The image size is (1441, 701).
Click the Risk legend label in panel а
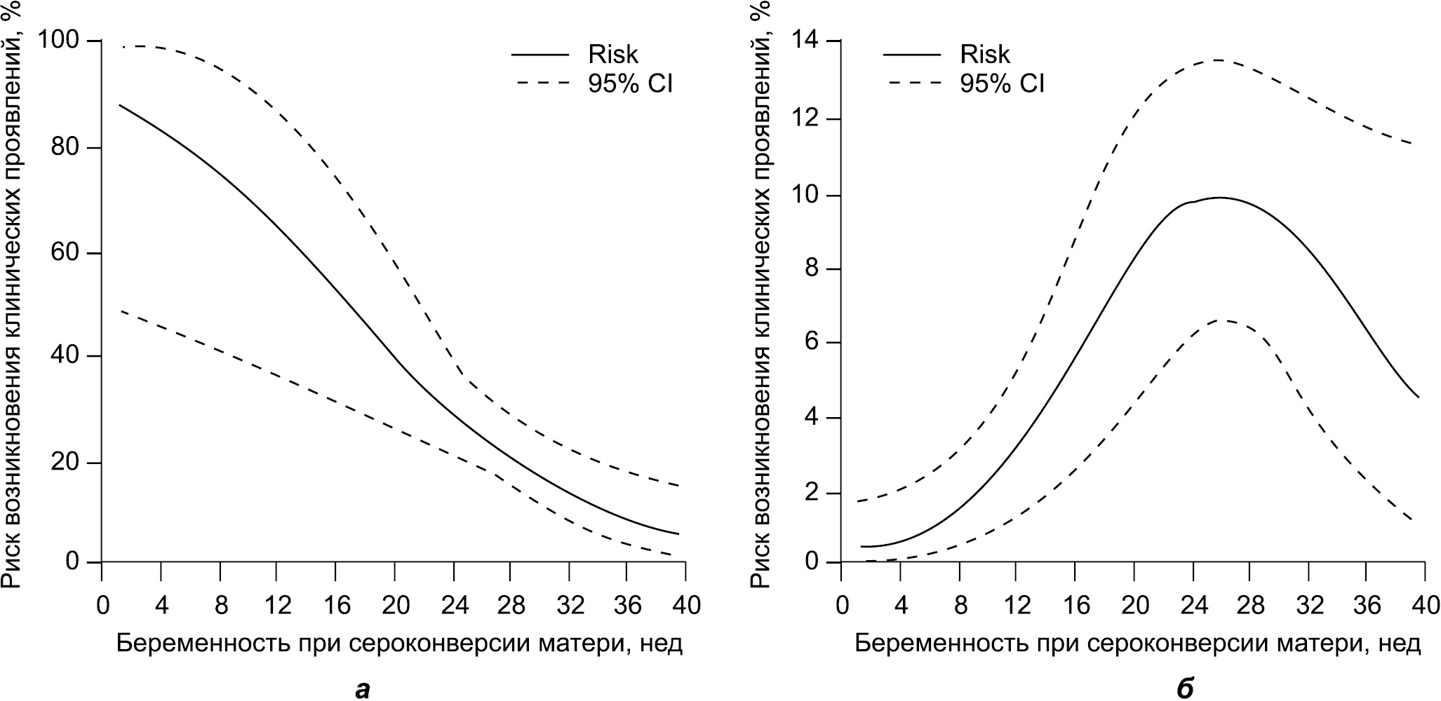click(613, 55)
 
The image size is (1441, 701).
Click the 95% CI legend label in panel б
click(1002, 84)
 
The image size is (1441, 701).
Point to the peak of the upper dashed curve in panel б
click(1217, 60)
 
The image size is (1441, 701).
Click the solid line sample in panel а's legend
click(539, 55)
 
